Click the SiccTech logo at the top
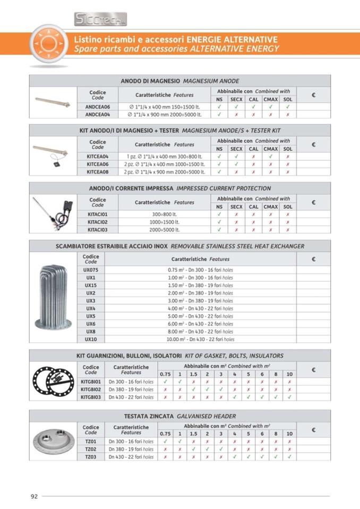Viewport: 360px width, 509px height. click(x=100, y=19)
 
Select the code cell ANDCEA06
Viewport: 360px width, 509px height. click(x=98, y=106)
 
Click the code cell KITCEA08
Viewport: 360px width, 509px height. click(x=98, y=172)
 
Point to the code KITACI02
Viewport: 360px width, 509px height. click(x=98, y=222)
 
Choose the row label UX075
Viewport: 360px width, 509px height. click(x=91, y=270)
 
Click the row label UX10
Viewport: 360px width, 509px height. click(x=91, y=339)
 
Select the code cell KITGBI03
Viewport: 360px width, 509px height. click(x=91, y=396)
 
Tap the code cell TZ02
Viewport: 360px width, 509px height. click(x=91, y=448)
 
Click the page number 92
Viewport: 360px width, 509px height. click(x=34, y=496)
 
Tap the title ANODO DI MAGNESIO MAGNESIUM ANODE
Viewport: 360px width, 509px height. click(x=179, y=81)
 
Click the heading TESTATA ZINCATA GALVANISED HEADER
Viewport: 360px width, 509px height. click(x=179, y=416)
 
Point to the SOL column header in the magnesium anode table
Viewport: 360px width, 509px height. click(x=287, y=99)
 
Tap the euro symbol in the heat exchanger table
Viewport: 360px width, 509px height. click(x=313, y=259)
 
